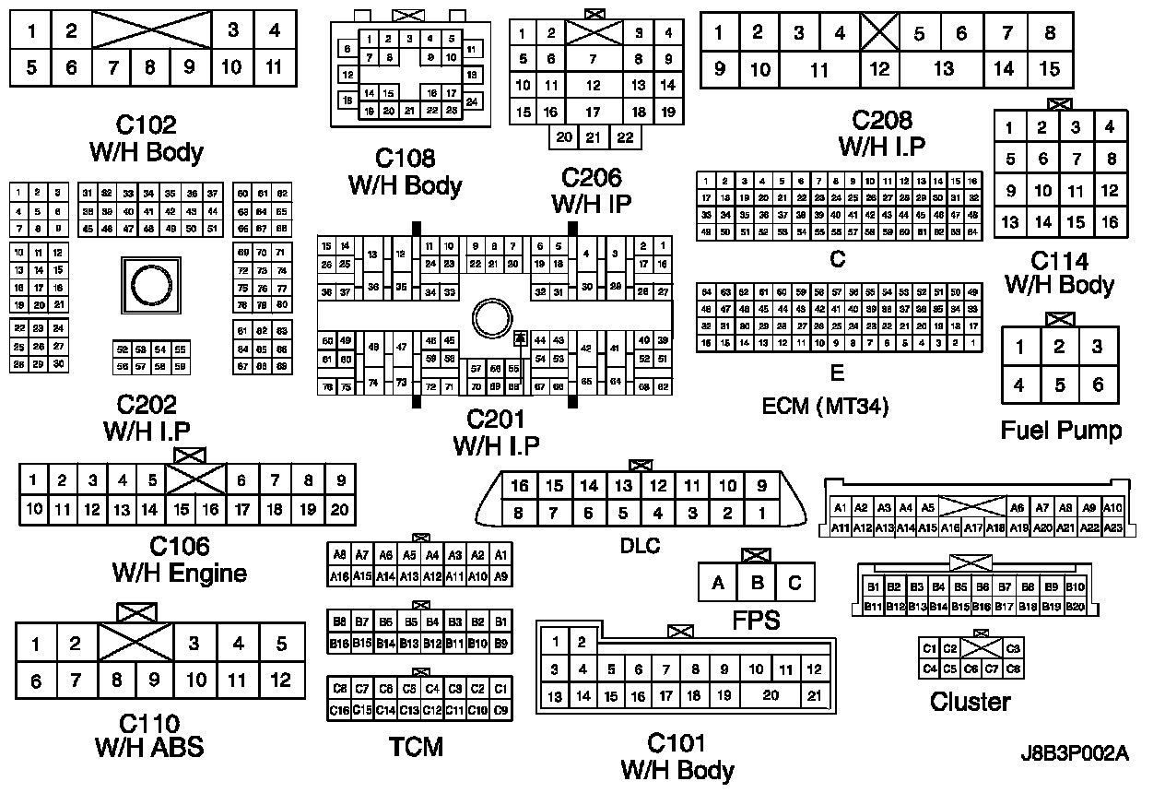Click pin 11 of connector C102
(274, 67)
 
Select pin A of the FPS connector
(718, 583)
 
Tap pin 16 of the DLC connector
(520, 486)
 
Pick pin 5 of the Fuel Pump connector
(1059, 385)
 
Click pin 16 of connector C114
(1110, 222)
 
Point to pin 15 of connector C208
(1050, 68)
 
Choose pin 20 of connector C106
(339, 509)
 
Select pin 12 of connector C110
(280, 681)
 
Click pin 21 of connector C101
(814, 697)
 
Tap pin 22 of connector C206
(626, 137)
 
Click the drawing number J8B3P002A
(1074, 752)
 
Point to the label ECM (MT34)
(825, 406)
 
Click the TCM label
(416, 746)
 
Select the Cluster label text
(970, 702)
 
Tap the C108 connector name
(405, 158)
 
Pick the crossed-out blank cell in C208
(880, 34)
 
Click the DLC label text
(640, 546)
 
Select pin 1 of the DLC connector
(761, 513)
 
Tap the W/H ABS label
(149, 746)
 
